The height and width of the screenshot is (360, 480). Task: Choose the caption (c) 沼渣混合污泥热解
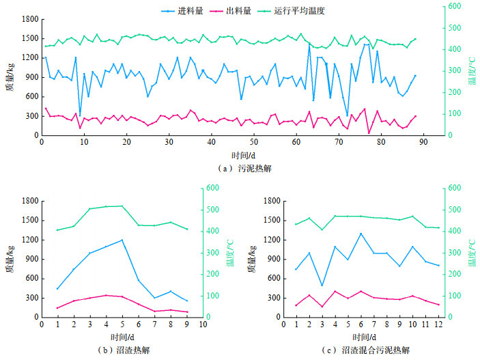tap(367, 350)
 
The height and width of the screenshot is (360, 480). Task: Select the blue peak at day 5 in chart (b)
tap(122, 240)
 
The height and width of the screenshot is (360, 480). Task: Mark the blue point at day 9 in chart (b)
tap(187, 301)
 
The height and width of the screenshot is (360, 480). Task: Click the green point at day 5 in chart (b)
tap(122, 206)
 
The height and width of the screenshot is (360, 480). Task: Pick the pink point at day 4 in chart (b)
tap(106, 295)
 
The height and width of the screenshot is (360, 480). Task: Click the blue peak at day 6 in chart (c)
tap(361, 234)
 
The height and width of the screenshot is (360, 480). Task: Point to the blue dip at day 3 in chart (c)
tap(322, 286)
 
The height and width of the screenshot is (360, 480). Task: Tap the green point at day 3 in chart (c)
tap(322, 229)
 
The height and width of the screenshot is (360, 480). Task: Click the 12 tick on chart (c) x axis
tap(438, 324)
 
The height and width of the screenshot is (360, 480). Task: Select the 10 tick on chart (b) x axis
tap(203, 324)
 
